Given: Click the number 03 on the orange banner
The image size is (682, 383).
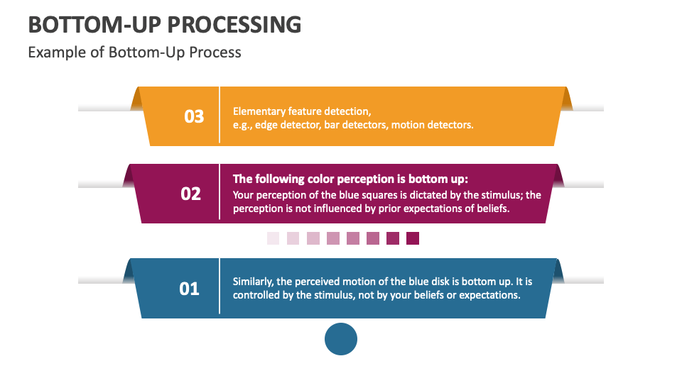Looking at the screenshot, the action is (194, 116).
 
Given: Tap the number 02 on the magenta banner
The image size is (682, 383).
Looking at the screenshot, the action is (191, 194).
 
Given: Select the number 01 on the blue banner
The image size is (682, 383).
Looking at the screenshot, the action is (189, 289).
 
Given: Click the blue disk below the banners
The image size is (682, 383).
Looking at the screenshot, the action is (341, 339).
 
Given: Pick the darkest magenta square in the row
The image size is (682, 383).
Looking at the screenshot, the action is (413, 238).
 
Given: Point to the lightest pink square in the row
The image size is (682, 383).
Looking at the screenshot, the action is (273, 238).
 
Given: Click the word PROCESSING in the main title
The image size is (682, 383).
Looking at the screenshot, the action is (234, 25).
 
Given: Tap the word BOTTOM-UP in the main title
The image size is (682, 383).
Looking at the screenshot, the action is (94, 25).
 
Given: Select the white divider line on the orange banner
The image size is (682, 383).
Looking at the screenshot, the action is (220, 115).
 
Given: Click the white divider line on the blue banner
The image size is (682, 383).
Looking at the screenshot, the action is (220, 286).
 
